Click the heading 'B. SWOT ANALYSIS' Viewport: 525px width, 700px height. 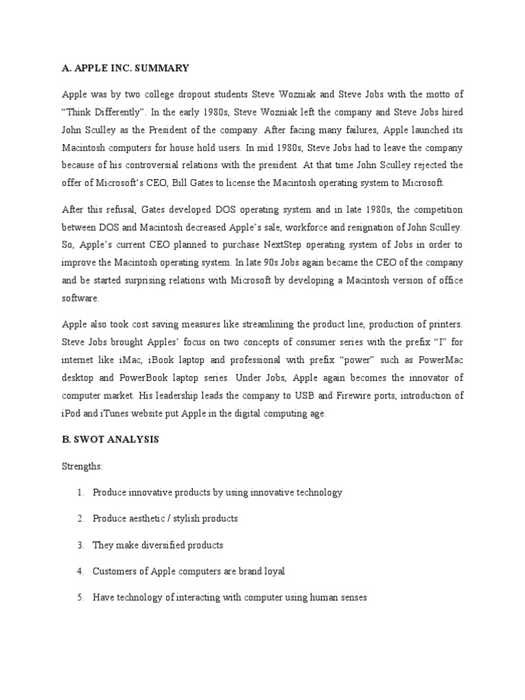pos(110,440)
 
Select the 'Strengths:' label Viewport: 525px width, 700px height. pos(82,466)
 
